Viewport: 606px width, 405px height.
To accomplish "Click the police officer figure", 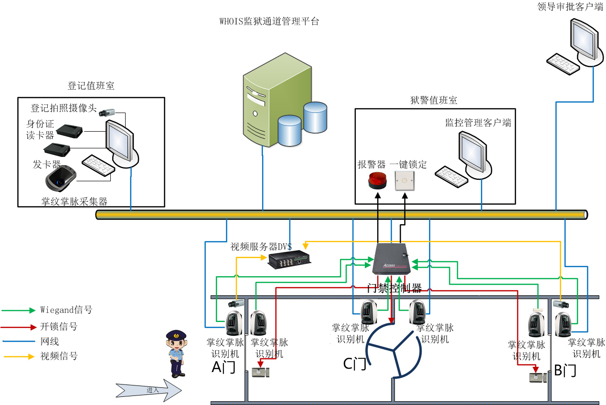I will point(176,353).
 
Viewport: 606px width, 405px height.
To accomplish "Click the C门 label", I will point(355,364).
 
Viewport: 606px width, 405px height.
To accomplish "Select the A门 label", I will point(223,367).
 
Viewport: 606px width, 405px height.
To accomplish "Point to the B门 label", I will point(565,371).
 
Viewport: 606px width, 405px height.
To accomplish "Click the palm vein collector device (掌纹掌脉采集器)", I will point(61,178).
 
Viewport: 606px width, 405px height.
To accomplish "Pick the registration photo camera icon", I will point(107,113).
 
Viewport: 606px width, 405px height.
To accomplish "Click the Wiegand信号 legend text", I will point(66,310).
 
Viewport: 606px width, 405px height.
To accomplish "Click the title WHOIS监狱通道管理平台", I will point(269,21).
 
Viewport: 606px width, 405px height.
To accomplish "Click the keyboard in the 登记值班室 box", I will point(98,165).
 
